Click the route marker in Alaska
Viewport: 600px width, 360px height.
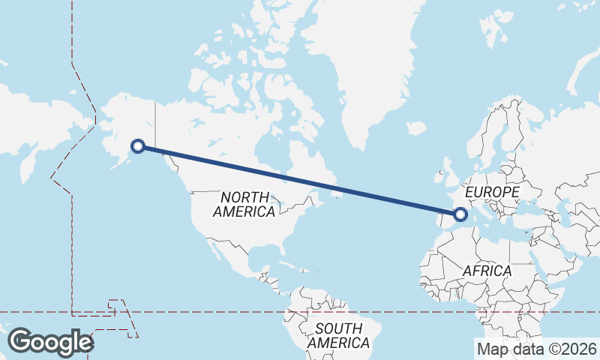click(137, 146)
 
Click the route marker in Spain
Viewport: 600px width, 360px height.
click(460, 215)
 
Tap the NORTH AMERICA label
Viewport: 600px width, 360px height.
click(244, 204)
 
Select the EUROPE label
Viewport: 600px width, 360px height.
click(492, 193)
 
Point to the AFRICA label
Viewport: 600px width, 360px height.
click(487, 270)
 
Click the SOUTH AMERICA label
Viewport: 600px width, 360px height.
click(338, 335)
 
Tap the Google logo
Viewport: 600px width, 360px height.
click(50, 342)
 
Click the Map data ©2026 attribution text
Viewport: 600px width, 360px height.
click(536, 349)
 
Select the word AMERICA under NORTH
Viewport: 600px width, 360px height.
click(244, 212)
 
